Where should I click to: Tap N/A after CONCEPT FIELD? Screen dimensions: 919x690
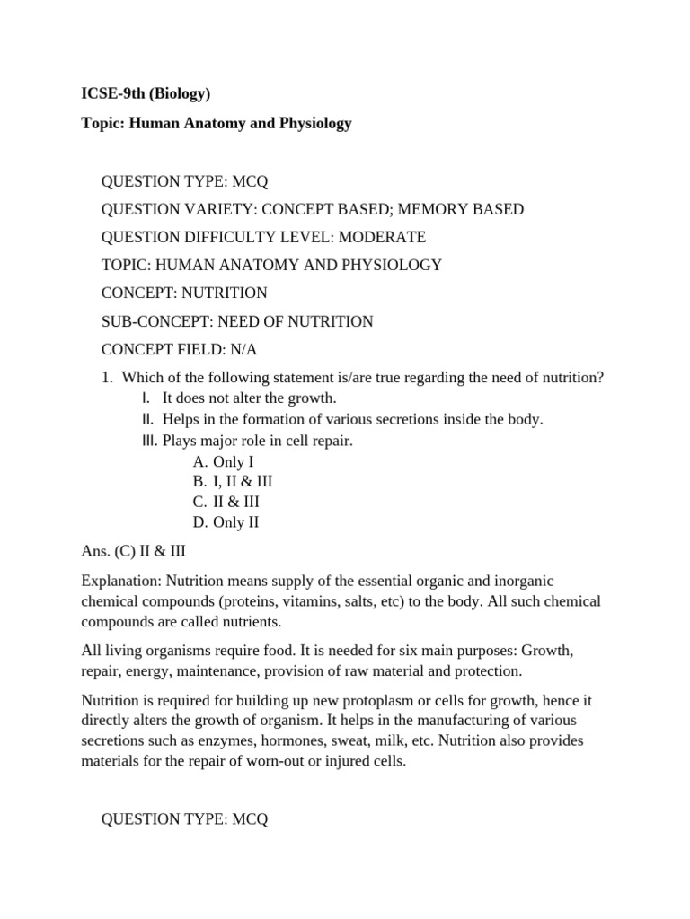[x=244, y=349]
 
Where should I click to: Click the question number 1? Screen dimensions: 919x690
[x=108, y=378]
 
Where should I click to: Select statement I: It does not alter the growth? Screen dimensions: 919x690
[x=249, y=398]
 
